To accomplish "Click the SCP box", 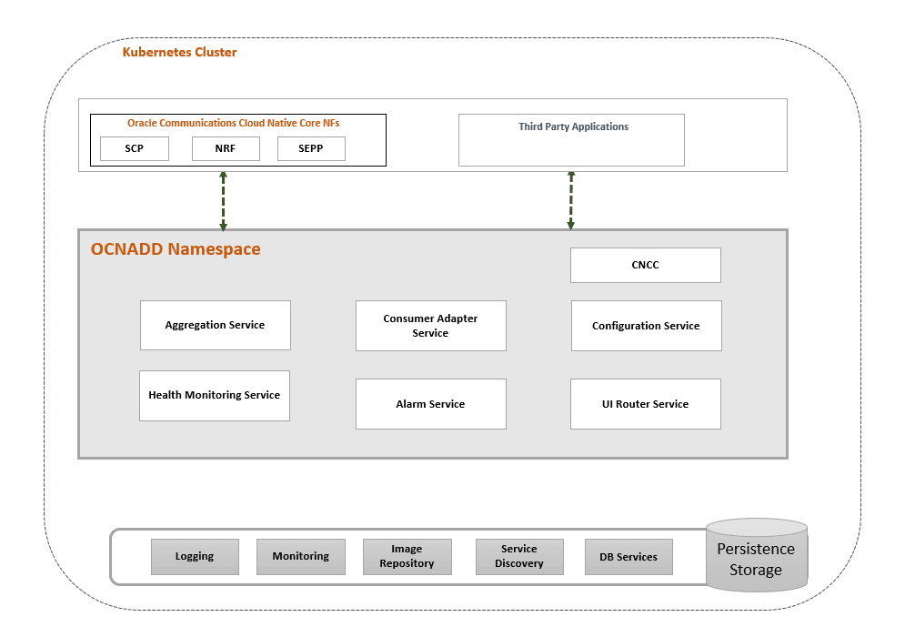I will (134, 148).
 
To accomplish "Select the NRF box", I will (226, 148).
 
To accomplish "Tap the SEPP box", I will (311, 148).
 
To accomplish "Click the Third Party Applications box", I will (571, 140).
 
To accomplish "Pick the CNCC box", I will (645, 265).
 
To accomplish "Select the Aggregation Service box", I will (216, 325).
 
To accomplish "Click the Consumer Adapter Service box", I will (430, 326).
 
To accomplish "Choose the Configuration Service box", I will (646, 326).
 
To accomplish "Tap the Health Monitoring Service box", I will (215, 396).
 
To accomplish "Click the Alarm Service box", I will (430, 404).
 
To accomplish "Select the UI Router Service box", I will (645, 404).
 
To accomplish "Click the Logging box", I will (195, 557).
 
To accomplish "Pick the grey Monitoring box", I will (301, 557).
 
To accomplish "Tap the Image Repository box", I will (407, 557).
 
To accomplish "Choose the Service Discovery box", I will (519, 557).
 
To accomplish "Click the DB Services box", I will (628, 557).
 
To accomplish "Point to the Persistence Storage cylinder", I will (756, 558).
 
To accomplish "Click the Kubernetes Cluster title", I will (179, 53).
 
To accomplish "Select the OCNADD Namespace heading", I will (176, 249).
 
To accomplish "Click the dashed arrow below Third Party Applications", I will (571, 199).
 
